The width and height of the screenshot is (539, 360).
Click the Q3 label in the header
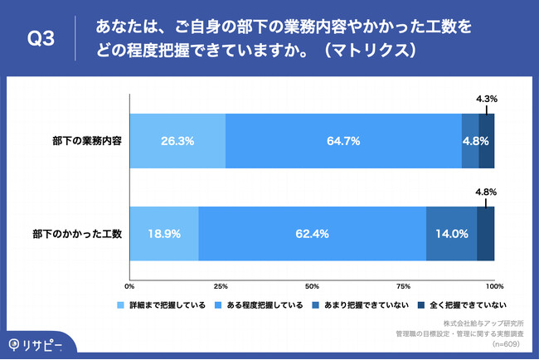(x=41, y=39)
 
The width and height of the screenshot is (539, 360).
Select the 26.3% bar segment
(x=177, y=141)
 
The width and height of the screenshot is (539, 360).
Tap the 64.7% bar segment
(x=343, y=141)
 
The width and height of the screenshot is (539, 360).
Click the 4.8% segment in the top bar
(x=470, y=141)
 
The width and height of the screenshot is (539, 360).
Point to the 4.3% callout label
(x=487, y=99)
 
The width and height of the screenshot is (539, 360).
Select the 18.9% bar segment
(x=163, y=234)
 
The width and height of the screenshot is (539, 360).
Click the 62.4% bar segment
(x=312, y=234)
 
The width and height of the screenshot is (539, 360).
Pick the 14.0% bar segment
(x=451, y=234)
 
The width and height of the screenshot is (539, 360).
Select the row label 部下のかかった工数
(x=79, y=234)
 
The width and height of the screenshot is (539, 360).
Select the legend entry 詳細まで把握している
(x=167, y=304)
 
